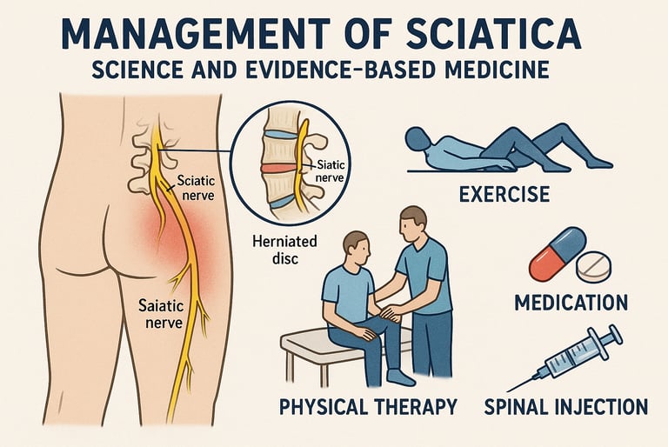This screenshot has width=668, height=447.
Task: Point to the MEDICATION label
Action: click(571, 303)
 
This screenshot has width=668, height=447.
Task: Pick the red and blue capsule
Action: click(552, 253)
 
